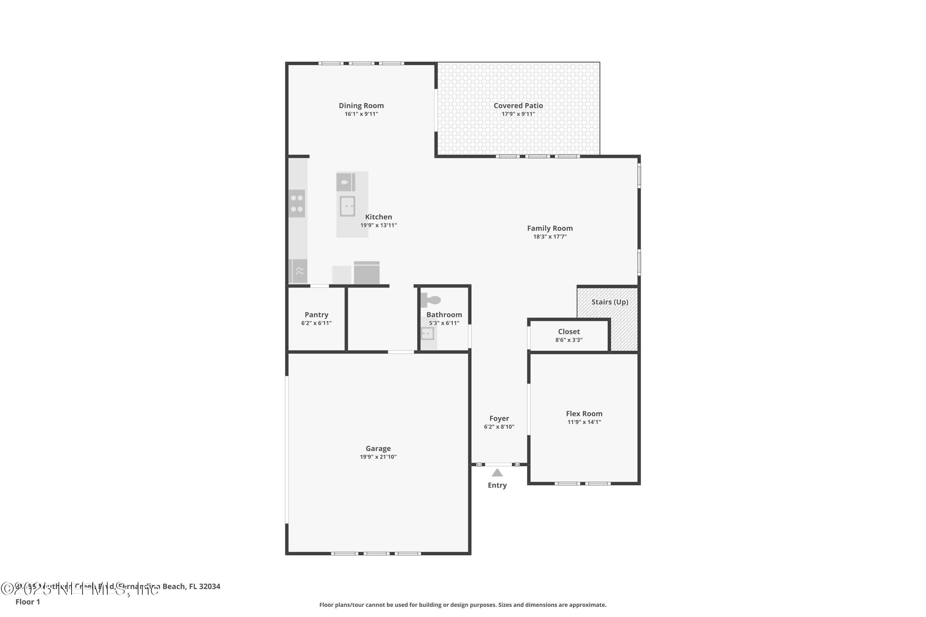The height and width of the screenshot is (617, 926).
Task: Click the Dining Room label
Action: click(x=361, y=106)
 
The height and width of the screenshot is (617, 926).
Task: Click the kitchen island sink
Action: click(x=347, y=206)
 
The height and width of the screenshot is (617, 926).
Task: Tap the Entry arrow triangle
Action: click(x=497, y=473)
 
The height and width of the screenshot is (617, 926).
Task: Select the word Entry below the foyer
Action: click(x=497, y=485)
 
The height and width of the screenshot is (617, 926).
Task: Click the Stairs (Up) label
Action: click(x=609, y=302)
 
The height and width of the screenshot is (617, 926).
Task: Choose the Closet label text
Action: click(x=569, y=332)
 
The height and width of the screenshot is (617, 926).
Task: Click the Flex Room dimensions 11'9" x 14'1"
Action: click(x=584, y=422)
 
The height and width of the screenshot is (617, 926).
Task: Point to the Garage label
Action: click(x=378, y=448)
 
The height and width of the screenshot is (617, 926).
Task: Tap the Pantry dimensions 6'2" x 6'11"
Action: click(x=316, y=323)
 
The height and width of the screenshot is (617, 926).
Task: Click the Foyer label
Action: click(x=499, y=418)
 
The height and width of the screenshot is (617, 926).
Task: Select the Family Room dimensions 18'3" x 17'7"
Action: click(x=550, y=237)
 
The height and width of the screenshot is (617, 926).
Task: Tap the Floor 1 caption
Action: click(x=27, y=602)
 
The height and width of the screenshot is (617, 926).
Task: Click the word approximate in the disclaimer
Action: click(x=587, y=605)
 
